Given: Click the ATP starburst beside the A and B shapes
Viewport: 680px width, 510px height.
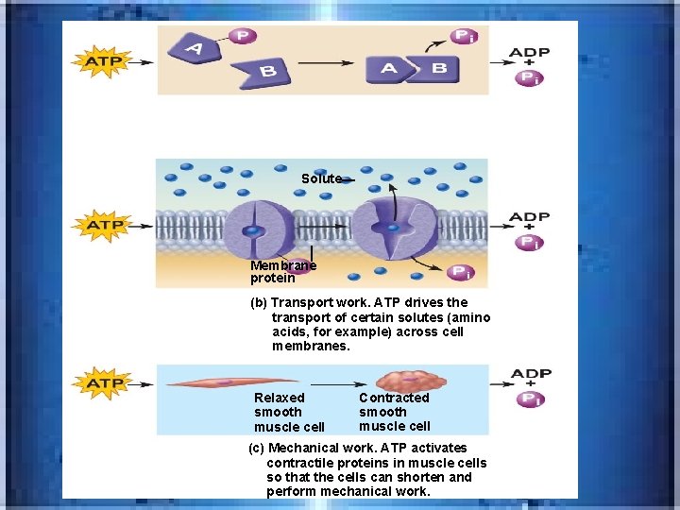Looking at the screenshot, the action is [x=104, y=61].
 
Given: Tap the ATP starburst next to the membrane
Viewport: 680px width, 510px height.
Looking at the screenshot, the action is [x=104, y=226].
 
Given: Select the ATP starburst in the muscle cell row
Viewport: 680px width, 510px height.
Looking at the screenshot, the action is [x=104, y=383].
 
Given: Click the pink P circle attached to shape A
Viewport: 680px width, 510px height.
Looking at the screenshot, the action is [x=242, y=36].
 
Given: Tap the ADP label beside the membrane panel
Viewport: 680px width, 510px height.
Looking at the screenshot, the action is [x=530, y=216].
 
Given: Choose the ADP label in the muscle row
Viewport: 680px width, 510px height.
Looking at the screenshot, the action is [x=531, y=374].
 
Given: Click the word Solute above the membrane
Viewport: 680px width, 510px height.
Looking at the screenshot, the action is [x=321, y=178].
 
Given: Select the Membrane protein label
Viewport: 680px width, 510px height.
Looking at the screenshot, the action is [x=282, y=272].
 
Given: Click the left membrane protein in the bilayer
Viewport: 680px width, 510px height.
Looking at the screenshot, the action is [x=252, y=230].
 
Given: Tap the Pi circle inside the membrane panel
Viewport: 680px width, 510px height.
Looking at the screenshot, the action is [x=460, y=272].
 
